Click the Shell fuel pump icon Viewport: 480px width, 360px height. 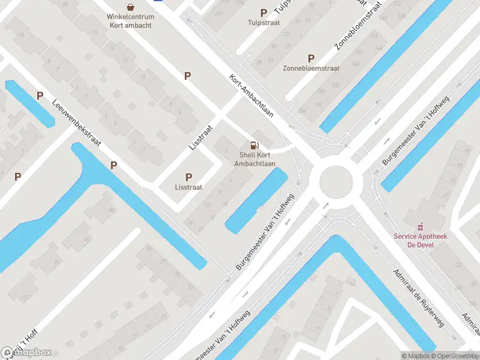pyautogui.click(x=254, y=145)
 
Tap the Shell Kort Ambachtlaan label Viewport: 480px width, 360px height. pyautogui.click(x=254, y=159)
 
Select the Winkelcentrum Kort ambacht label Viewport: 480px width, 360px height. pyautogui.click(x=130, y=20)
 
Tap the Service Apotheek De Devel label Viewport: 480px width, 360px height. pyautogui.click(x=421, y=240)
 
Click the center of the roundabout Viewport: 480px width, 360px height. pyautogui.click(x=335, y=181)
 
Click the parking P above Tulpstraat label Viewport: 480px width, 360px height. pyautogui.click(x=263, y=13)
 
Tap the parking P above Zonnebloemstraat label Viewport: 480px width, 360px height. pyautogui.click(x=311, y=58)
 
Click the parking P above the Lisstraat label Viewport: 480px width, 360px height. pyautogui.click(x=188, y=177)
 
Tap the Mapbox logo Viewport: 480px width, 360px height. pyautogui.click(x=26, y=353)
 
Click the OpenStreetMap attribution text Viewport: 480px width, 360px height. pyautogui.click(x=455, y=356)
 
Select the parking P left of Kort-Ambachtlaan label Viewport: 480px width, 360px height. pyautogui.click(x=187, y=76)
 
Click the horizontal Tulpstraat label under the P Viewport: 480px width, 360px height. pyautogui.click(x=263, y=23)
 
